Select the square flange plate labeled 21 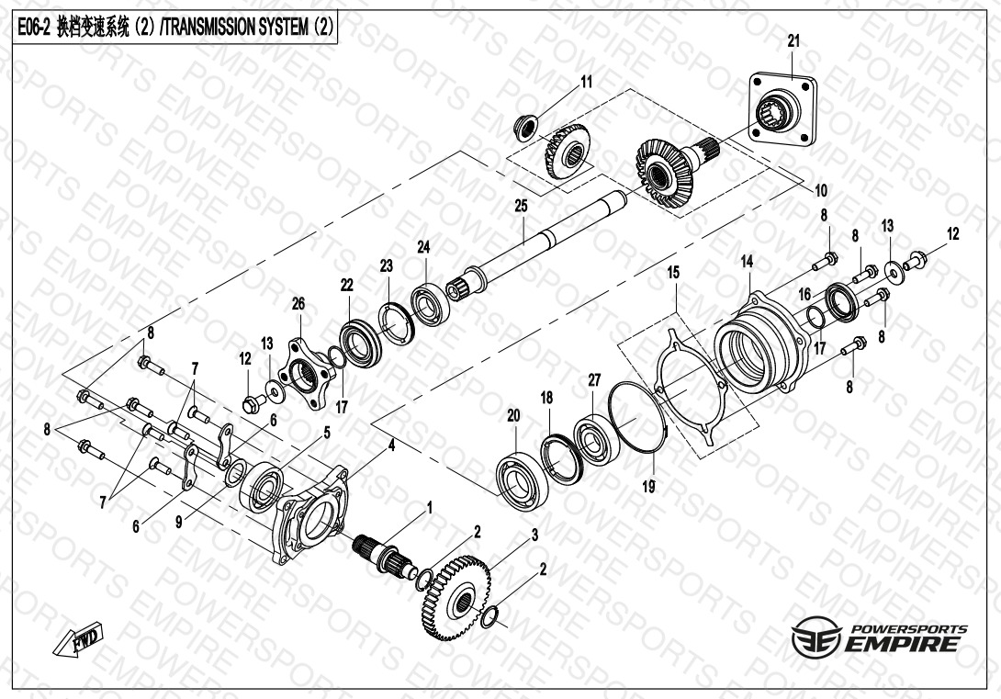782,110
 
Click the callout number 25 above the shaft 522,206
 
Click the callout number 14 747,261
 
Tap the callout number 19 648,487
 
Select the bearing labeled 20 523,480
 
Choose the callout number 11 586,82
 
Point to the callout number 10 821,190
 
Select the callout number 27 594,380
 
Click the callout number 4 391,445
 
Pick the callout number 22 346,285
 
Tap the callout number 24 424,247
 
